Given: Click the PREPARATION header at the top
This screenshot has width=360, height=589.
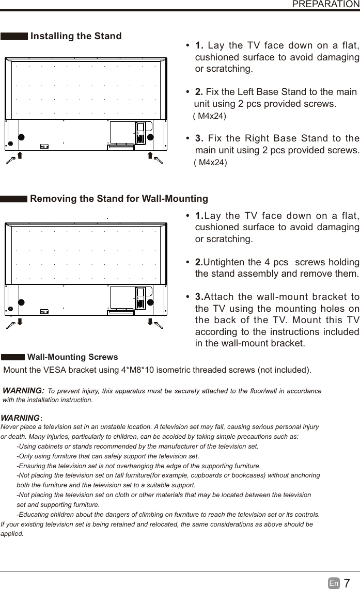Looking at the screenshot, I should coord(325,4).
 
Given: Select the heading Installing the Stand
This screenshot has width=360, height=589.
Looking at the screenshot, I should coord(76,36).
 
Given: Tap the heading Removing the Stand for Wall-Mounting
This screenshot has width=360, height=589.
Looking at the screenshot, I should coord(119,199).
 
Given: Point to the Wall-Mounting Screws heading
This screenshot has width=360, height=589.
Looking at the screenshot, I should coord(72,357).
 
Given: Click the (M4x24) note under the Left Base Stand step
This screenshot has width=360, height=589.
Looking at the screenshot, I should coord(209,116).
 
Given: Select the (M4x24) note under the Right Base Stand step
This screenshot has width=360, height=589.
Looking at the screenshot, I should coord(210,163).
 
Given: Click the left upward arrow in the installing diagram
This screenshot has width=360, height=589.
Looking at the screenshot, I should coord(19,156).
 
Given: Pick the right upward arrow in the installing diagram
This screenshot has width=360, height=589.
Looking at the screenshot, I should coord(149,156).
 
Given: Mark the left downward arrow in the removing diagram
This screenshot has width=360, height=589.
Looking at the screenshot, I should coord(19,322).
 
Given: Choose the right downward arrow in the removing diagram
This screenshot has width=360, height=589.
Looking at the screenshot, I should coord(149,322).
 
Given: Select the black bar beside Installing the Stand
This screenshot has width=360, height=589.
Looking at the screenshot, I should coord(14,36).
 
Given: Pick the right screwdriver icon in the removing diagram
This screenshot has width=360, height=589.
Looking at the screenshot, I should coord(158,325).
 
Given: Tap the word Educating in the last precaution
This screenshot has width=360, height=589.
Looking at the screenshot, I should coord(35,514).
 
